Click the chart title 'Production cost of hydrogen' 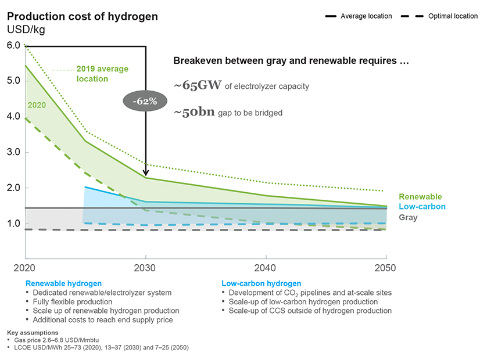[82, 16]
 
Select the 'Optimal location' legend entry [453, 16]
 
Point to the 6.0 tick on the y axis [13, 45]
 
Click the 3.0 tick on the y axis [13, 152]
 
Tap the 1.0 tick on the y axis [13, 224]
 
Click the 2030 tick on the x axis [145, 268]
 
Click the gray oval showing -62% [144, 101]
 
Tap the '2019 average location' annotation [102, 73]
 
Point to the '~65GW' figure [198, 85]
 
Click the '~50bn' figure [194, 112]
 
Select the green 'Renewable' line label [420, 197]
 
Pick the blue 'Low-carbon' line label [422, 207]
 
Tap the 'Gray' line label [408, 217]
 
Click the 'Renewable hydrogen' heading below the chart [63, 283]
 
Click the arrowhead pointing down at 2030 [145, 171]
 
